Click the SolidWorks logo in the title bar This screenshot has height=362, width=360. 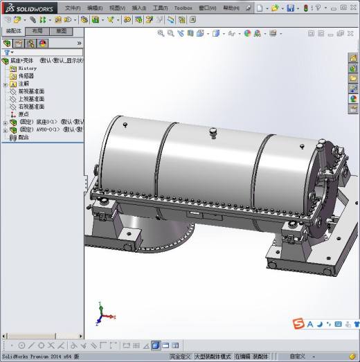click(28, 8)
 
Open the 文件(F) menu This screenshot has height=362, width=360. click(73, 8)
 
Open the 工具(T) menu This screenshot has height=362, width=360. click(160, 8)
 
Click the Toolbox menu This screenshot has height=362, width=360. click(183, 8)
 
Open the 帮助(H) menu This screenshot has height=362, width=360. click(231, 8)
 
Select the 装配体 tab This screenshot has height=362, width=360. click(13, 31)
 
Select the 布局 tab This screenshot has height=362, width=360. click(37, 31)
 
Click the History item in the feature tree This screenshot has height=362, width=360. click(27, 69)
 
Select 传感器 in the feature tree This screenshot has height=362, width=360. click(26, 76)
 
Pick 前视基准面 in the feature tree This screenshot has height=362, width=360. click(30, 91)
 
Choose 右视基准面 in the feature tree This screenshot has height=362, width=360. click(30, 107)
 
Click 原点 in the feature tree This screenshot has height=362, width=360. click(23, 114)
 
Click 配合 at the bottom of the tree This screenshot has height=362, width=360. click(23, 137)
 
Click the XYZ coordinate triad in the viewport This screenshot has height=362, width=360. click(102, 315)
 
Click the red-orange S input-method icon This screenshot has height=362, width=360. click(298, 323)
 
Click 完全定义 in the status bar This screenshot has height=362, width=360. click(180, 356)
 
